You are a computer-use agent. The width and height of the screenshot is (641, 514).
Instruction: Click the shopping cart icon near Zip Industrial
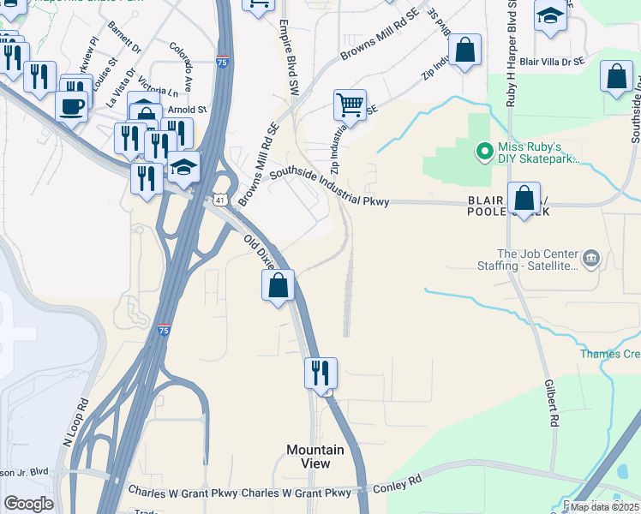pyautogui.click(x=350, y=105)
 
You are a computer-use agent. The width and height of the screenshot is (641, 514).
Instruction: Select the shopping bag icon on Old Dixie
pyautogui.click(x=279, y=285)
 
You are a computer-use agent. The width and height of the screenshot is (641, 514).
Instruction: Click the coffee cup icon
pyautogui.click(x=71, y=107)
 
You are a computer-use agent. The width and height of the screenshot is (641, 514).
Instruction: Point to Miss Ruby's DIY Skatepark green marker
pyautogui.click(x=484, y=152)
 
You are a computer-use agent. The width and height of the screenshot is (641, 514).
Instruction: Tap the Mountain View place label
pyautogui.click(x=315, y=457)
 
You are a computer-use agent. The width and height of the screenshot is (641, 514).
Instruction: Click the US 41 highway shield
pyautogui.click(x=220, y=200)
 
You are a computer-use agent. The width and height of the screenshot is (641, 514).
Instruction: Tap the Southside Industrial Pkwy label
pyautogui.click(x=330, y=187)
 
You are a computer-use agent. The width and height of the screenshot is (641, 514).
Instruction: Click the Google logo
pyautogui.click(x=28, y=504)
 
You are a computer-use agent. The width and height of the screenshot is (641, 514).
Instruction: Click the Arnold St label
pyautogui.click(x=188, y=110)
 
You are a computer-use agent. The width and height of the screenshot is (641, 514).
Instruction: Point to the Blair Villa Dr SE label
pyautogui.click(x=551, y=62)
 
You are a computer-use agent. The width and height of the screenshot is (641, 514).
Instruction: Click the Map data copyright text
pyautogui.click(x=604, y=507)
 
